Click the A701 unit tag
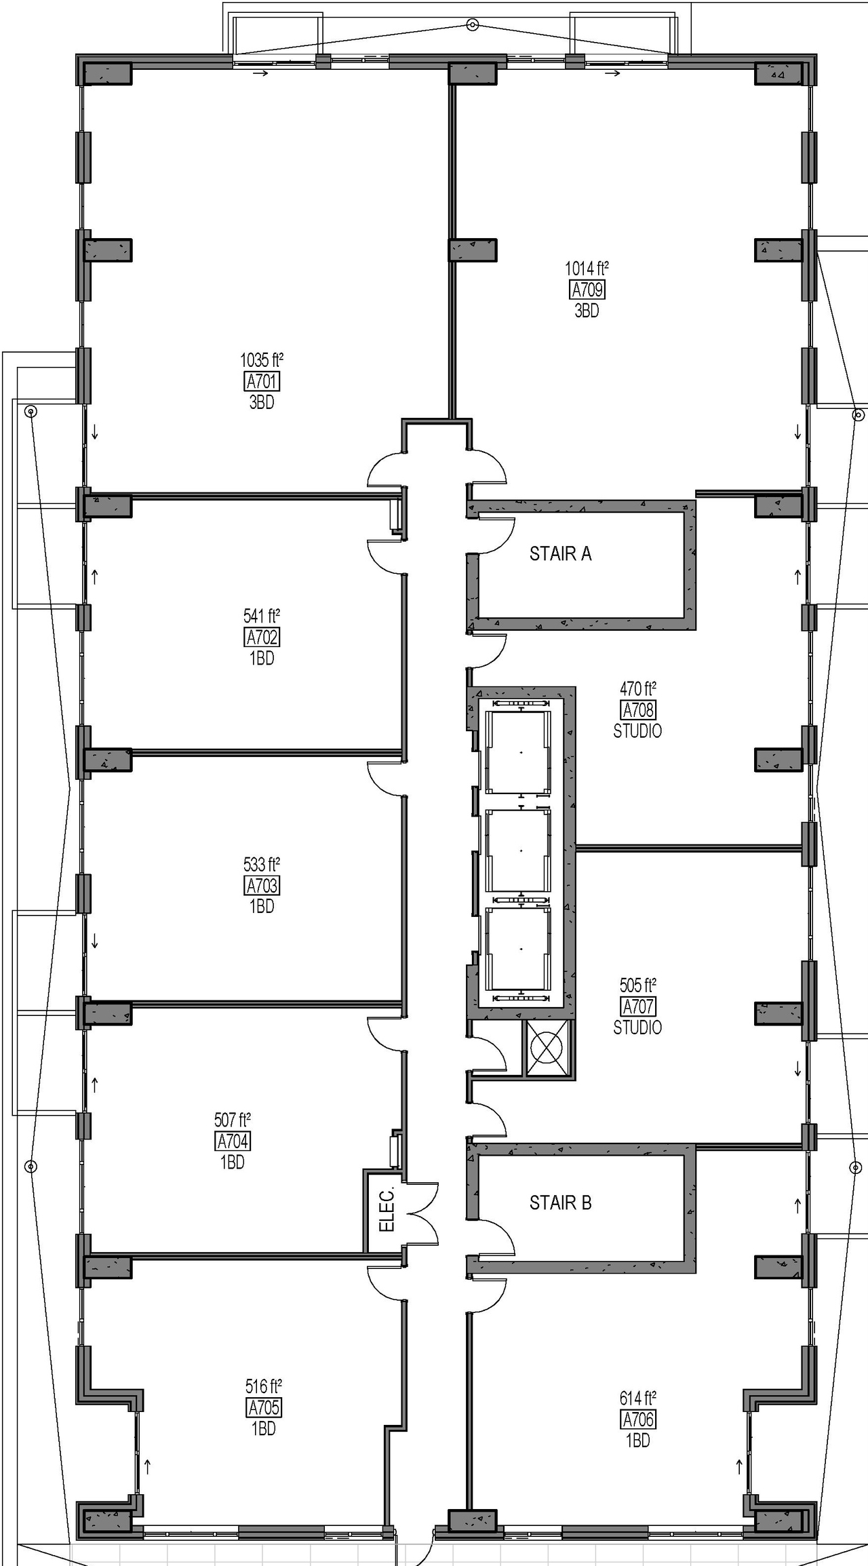[x=262, y=381]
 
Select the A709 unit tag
[x=587, y=290]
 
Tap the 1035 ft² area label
[x=262, y=360]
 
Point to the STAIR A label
[x=560, y=554]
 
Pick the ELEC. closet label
[x=386, y=1210]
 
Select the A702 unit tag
[x=262, y=638]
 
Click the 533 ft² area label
[x=262, y=865]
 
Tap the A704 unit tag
[x=233, y=1141]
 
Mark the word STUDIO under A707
[x=637, y=1027]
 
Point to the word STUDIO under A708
[x=637, y=731]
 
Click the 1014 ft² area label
[x=587, y=269]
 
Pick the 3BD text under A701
[x=262, y=402]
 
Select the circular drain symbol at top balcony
[x=473, y=25]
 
